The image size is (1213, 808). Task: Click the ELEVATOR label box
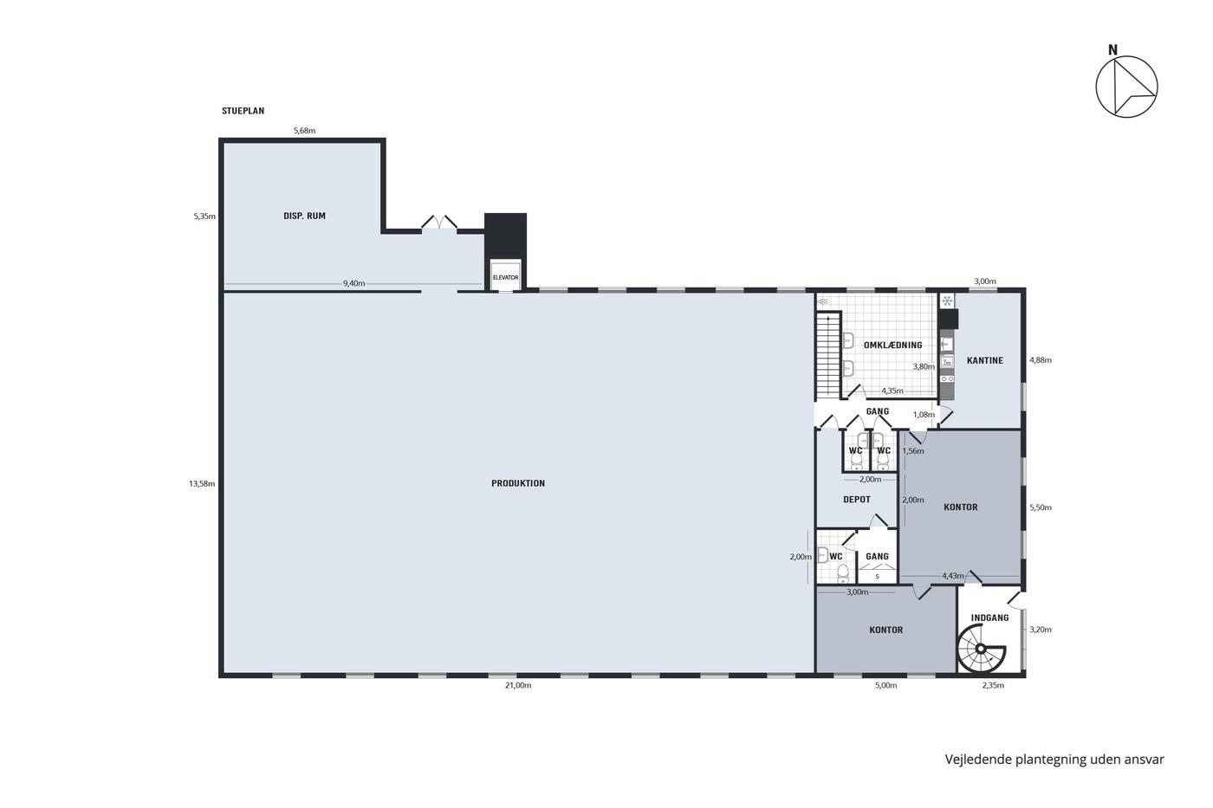[x=505, y=276]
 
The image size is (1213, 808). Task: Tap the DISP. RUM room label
[x=304, y=216]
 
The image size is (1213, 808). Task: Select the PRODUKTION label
[x=518, y=483]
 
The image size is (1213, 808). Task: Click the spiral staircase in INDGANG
[x=981, y=649]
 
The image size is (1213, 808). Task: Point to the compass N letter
[x=1112, y=50]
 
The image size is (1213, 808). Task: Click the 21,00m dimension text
[x=518, y=685]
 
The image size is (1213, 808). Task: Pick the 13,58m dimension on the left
[x=202, y=484]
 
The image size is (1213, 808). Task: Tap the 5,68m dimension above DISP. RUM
[x=304, y=131]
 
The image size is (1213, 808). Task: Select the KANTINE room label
[x=985, y=360]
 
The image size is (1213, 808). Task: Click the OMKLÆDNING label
[x=893, y=345]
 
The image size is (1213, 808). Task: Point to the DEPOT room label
[x=857, y=500]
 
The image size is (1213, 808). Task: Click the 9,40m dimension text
[x=354, y=283]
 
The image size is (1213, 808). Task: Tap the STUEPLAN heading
[x=243, y=111]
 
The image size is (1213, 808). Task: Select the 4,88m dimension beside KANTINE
[x=1041, y=360]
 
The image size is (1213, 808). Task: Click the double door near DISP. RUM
[x=439, y=223]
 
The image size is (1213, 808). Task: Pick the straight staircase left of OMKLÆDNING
[x=828, y=355]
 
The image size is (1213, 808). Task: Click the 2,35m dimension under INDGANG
[x=993, y=685]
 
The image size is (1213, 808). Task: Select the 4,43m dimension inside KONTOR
[x=952, y=576]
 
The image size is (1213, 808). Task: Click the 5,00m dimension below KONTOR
[x=885, y=685]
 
